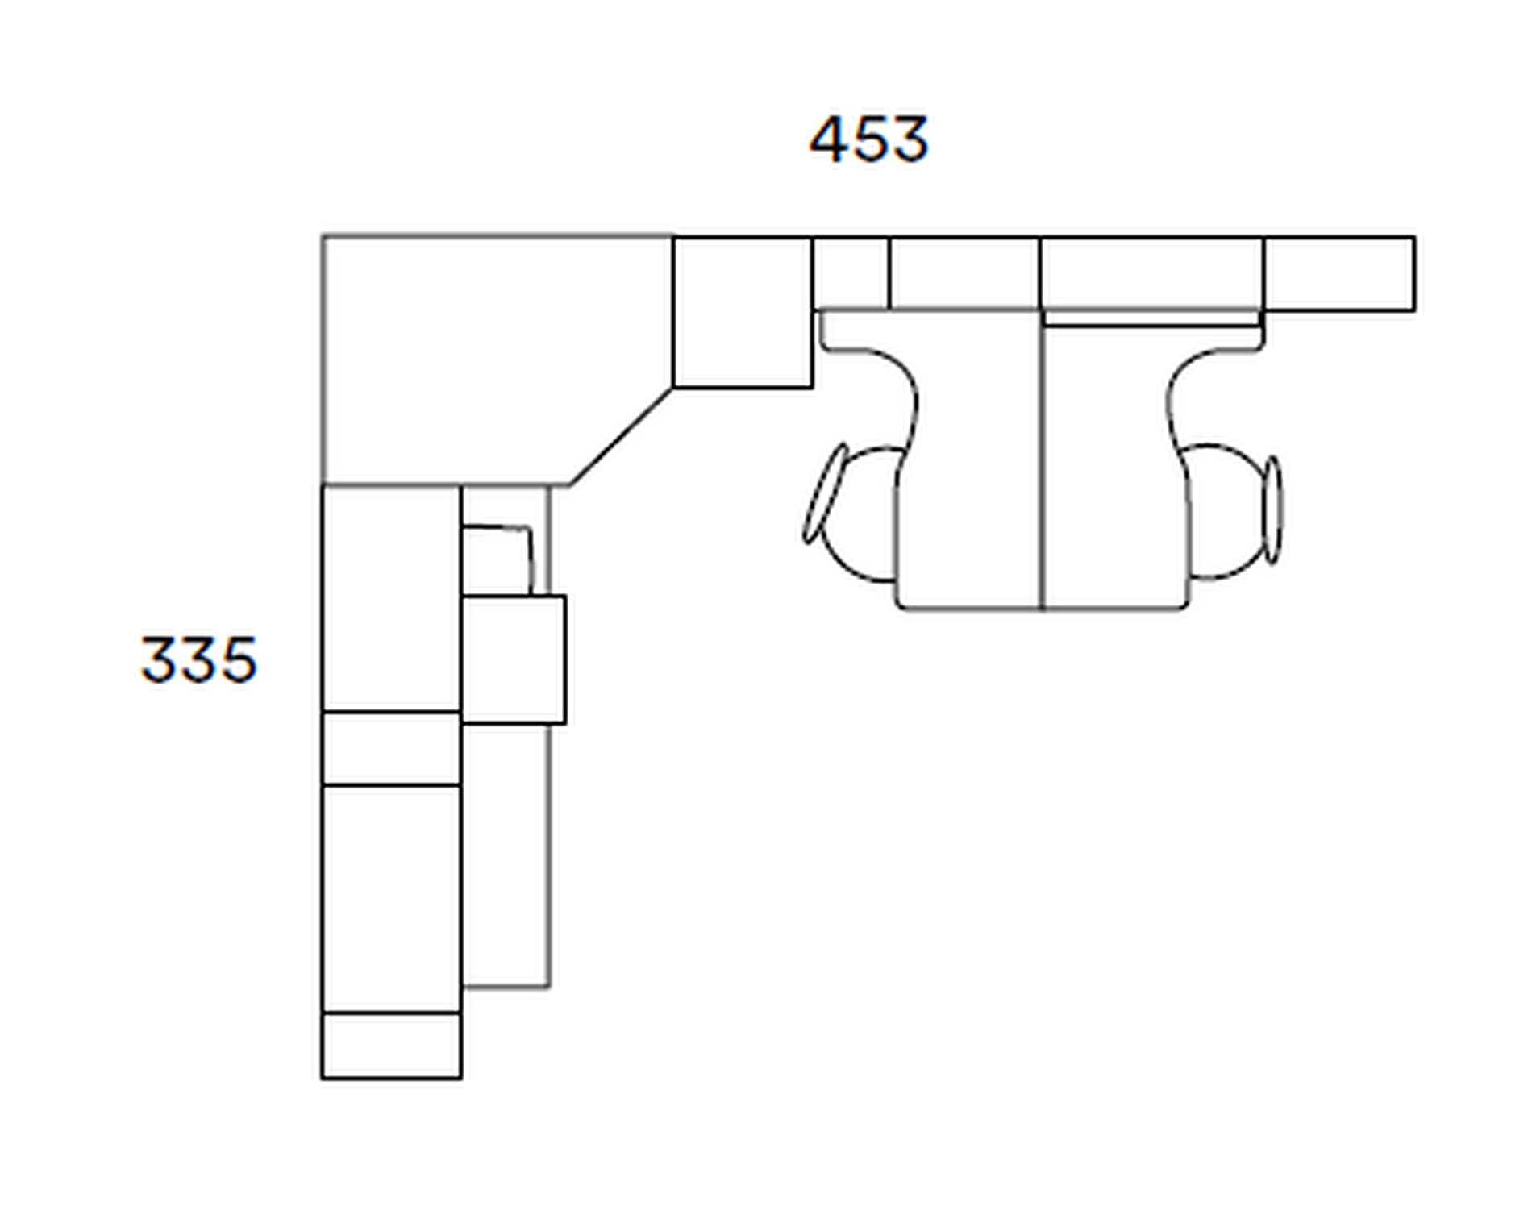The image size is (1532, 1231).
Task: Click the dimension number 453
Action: pos(868,140)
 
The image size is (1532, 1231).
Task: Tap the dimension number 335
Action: pos(199,659)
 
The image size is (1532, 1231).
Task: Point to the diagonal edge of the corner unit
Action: pos(622,437)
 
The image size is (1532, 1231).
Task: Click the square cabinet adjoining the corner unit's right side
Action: pos(743,312)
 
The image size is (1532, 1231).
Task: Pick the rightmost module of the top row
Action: pos(1339,273)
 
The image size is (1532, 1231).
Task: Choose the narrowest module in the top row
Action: pos(851,272)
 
